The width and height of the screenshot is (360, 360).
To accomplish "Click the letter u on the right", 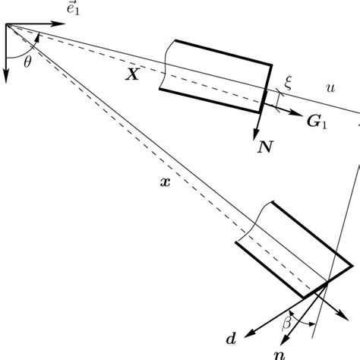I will (x=329, y=89).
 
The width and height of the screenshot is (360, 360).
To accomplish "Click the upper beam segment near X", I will (x=216, y=74).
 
